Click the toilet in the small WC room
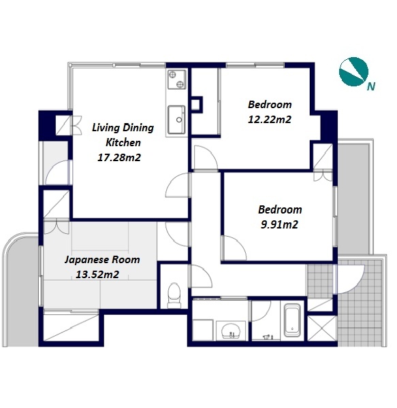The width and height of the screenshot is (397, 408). tap(174, 295)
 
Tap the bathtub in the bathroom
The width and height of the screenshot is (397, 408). tap(291, 320)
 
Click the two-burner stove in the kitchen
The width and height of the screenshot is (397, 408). tap(177, 80)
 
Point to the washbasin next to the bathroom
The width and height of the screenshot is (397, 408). tap(231, 330)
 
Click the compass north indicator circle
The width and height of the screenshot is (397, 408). tap(353, 71)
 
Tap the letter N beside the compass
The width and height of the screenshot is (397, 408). tap(371, 86)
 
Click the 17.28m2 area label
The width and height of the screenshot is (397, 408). tap(119, 158)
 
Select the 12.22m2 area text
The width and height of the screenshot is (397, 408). tap(270, 120)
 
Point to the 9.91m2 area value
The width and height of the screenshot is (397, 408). tap(279, 224)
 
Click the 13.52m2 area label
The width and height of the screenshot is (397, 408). tap(97, 274)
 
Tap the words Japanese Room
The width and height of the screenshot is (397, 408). tap(102, 260)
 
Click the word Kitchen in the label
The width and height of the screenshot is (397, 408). tap(123, 143)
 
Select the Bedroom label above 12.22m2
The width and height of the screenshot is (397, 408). tap(270, 105)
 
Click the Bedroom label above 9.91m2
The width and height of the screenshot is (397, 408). tap(280, 209)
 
